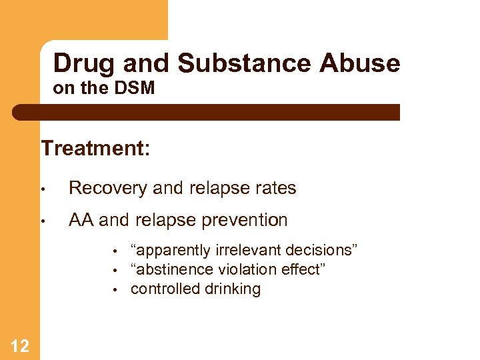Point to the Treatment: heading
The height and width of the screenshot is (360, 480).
tap(95, 147)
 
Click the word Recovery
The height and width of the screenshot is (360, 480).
tap(108, 189)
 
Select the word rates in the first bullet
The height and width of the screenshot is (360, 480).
tap(275, 189)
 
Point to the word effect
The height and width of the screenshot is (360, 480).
tap(301, 269)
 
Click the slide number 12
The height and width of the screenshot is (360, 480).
tap(20, 345)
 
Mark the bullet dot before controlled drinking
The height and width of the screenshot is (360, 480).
tap(115, 290)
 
